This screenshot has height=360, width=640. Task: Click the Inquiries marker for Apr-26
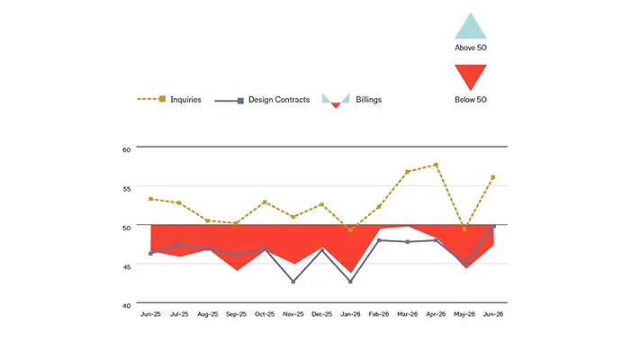tap(436, 165)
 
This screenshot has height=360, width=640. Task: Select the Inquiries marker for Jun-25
tap(151, 199)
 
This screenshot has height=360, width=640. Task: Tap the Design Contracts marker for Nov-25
tap(293, 282)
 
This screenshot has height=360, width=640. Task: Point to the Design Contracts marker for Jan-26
tap(351, 282)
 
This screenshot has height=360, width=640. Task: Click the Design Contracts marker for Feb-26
tap(379, 240)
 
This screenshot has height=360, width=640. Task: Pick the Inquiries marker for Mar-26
tap(408, 172)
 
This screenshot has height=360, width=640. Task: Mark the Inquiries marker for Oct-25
tap(265, 202)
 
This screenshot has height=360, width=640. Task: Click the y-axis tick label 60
tap(126, 149)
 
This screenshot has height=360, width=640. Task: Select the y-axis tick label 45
tap(126, 267)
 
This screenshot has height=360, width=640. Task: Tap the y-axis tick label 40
tap(126, 306)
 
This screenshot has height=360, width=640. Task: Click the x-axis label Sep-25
tap(237, 314)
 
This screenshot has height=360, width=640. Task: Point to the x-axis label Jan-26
tap(351, 314)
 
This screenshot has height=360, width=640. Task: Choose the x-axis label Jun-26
tap(493, 314)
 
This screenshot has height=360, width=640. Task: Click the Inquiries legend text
tap(185, 100)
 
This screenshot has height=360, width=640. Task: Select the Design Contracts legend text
tap(279, 100)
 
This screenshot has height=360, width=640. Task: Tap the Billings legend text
tap(368, 100)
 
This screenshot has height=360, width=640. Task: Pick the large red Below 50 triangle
tap(471, 75)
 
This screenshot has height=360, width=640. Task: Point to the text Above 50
tap(471, 48)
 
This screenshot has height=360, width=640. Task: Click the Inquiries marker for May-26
tap(464, 229)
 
